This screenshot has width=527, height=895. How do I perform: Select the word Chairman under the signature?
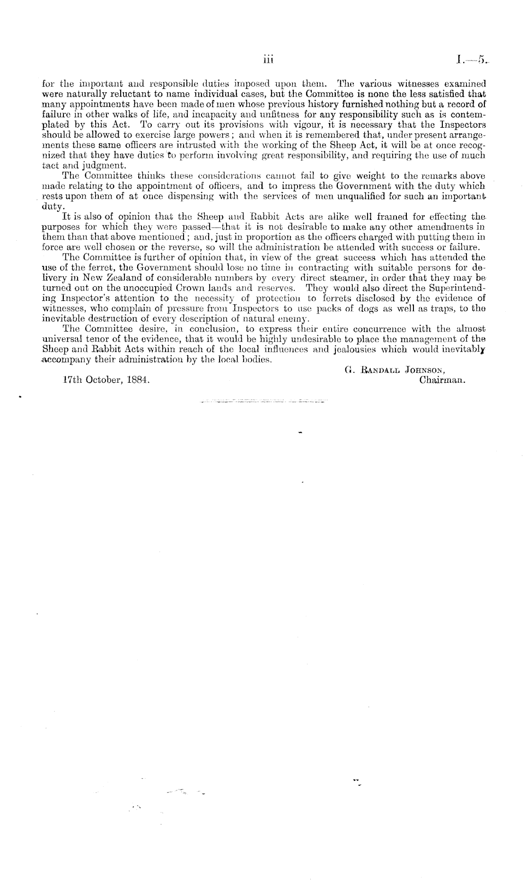442,379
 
